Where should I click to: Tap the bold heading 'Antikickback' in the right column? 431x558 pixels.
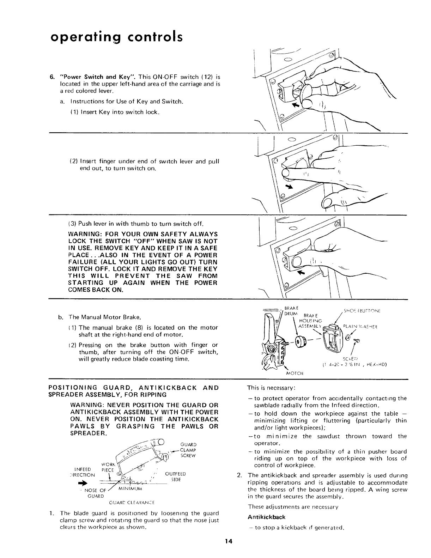point(264,517)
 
